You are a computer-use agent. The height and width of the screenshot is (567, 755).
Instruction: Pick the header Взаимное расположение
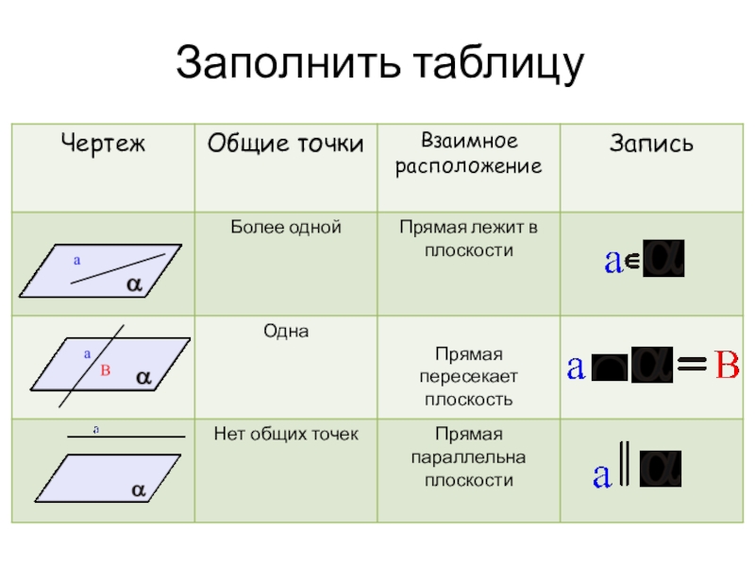pos(469,153)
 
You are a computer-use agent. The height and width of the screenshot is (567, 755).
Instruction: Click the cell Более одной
pos(285,228)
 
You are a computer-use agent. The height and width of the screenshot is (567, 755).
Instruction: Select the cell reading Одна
pos(285,332)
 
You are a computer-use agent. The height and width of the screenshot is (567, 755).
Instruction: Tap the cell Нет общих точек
pos(285,435)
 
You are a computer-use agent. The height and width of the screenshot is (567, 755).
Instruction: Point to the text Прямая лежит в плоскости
pos(469,238)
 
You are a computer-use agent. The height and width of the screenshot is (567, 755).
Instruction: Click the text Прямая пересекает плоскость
pos(469,377)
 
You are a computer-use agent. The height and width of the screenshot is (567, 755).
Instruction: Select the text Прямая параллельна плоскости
pos(469,457)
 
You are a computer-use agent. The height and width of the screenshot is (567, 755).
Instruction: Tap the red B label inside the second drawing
pos(106,371)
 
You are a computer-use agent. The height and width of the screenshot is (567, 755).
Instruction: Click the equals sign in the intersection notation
pos(693,366)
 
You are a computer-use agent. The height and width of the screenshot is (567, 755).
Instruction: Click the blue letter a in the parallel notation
pos(600,475)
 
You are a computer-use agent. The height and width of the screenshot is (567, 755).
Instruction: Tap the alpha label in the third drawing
pos(138,490)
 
